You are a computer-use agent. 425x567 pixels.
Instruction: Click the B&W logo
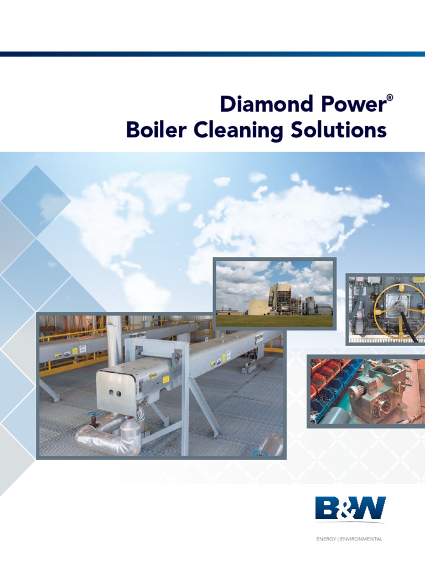[x=350, y=508]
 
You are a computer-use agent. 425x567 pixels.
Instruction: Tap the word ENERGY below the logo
[x=326, y=539]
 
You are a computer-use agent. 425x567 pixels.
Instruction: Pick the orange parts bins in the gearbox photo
[x=326, y=377]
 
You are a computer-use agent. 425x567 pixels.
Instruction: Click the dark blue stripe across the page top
[x=212, y=54]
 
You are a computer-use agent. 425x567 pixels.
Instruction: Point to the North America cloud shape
[x=111, y=210]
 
